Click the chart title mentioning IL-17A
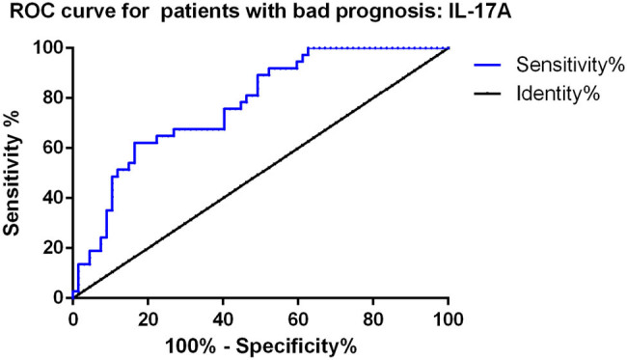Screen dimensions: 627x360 [x=260, y=13]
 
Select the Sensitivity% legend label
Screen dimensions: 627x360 [x=570, y=65]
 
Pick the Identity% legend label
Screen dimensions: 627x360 [x=559, y=94]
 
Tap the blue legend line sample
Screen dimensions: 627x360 [x=487, y=65]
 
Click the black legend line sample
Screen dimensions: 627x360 [x=487, y=94]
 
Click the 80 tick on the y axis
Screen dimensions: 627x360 [x=54, y=98]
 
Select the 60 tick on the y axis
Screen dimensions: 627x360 [x=54, y=148]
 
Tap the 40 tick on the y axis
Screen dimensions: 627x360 [x=54, y=198]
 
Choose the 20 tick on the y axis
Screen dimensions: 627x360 [x=54, y=248]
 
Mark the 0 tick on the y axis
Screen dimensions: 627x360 [x=59, y=298]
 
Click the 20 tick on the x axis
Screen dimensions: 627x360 [x=148, y=319]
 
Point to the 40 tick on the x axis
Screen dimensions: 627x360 [x=223, y=319]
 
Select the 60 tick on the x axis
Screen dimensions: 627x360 [x=298, y=319]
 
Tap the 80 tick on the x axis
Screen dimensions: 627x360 [x=373, y=319]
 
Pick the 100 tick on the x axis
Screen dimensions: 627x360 [x=448, y=319]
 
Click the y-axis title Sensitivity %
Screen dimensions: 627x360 [x=12, y=173]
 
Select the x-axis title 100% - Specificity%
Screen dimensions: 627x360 [x=260, y=346]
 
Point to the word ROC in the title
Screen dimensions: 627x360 [x=28, y=12]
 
